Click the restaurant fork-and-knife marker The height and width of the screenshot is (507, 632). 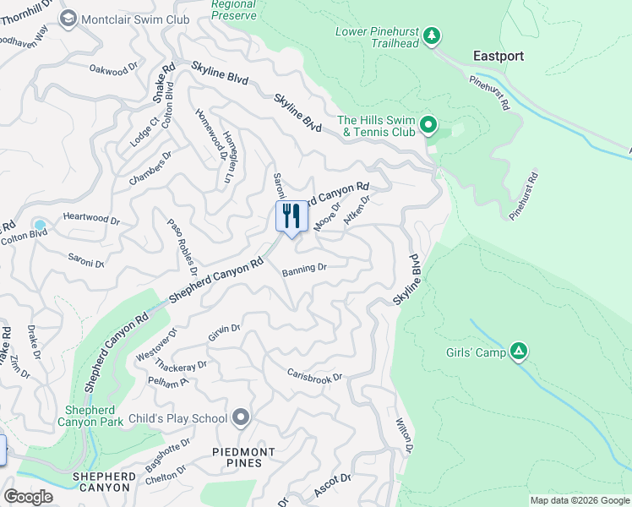point(291,215)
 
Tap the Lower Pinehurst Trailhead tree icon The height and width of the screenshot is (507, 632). point(432,35)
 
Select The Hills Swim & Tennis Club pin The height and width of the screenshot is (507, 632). point(428,126)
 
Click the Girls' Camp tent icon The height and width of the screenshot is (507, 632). point(519,352)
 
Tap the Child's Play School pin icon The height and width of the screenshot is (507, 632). point(242,417)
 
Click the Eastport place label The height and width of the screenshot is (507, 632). point(498,57)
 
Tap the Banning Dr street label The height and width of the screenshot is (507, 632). point(304,269)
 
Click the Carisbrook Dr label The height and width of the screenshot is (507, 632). point(314,374)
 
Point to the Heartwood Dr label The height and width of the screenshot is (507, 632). point(92,218)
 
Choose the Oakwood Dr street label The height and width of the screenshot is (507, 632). point(113,69)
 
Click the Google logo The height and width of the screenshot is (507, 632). point(28,497)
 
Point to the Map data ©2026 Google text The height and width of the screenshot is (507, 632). point(579,499)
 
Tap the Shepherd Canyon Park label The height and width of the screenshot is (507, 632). point(90,415)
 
